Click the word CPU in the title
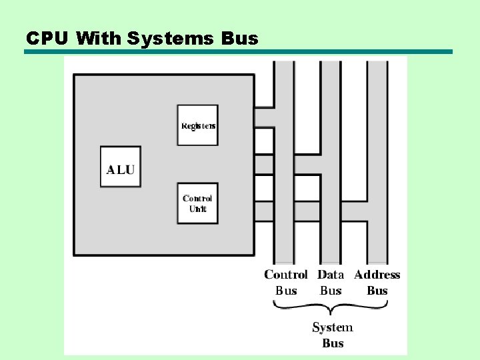point(47,38)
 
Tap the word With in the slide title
point(99,38)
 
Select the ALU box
point(120,167)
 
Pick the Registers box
point(197,125)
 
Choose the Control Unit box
point(197,203)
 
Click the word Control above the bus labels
point(286,275)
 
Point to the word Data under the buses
point(331,275)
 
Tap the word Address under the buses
point(377,275)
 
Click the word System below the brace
point(333,327)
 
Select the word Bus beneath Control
point(286,291)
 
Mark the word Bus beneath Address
point(377,291)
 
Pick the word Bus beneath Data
point(331,291)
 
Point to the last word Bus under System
point(333,343)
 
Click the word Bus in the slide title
point(239,38)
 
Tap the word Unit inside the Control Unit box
point(198,209)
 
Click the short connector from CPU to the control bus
point(264,117)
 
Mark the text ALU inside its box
point(120,169)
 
